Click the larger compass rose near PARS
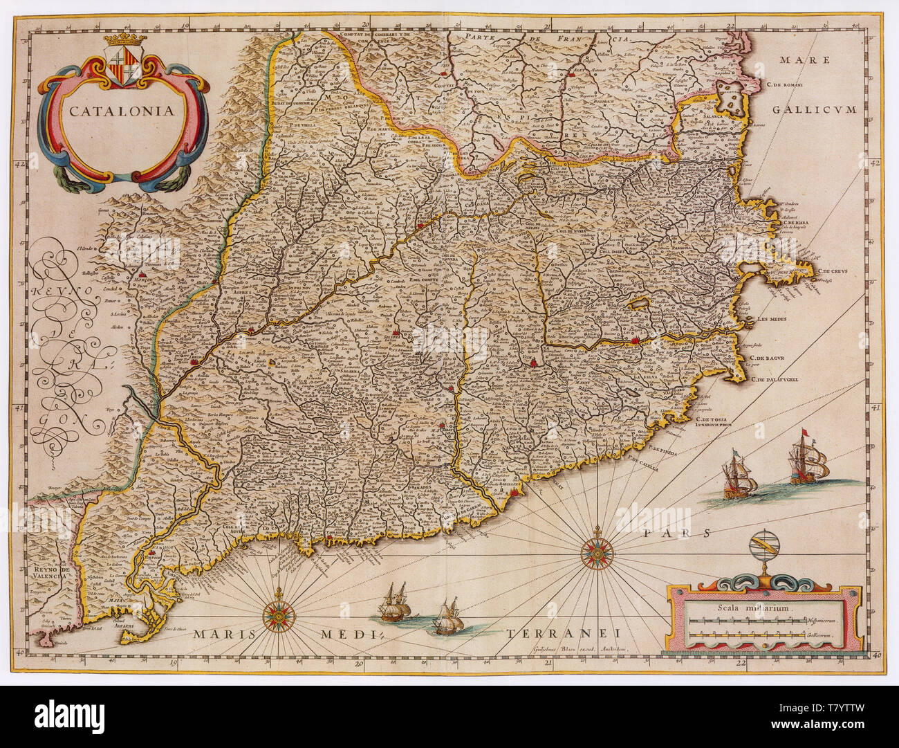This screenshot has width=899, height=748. (x=594, y=552)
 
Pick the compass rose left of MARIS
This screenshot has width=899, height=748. (x=279, y=612)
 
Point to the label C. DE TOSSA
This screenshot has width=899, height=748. (x=716, y=419)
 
